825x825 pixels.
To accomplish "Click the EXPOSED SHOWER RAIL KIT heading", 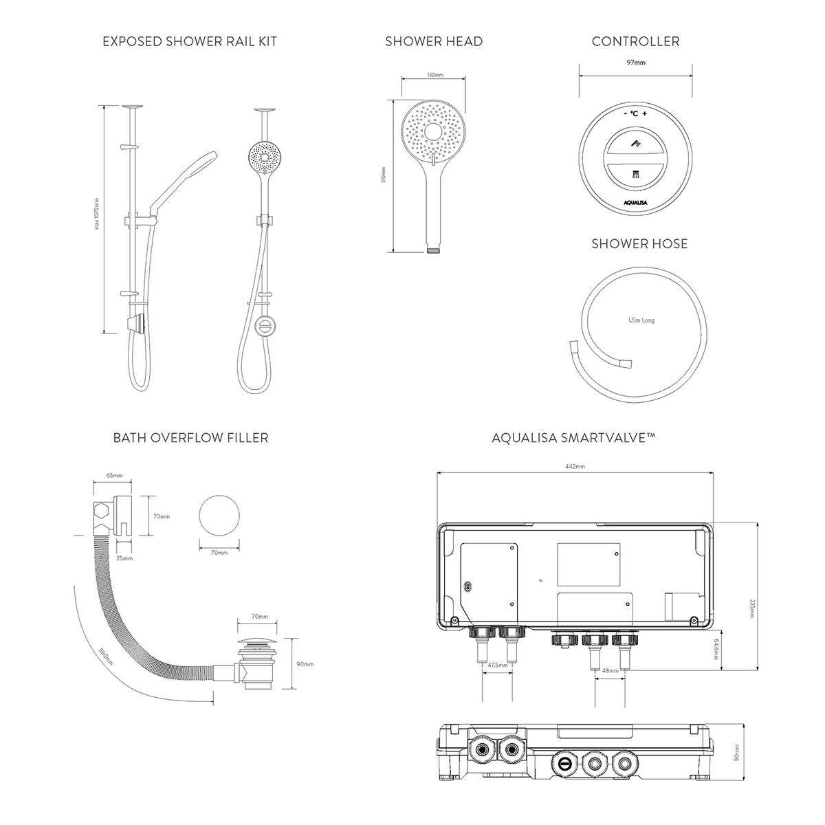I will click(190, 41).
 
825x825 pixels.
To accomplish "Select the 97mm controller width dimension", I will click(637, 63).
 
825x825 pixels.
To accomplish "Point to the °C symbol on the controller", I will click(635, 113).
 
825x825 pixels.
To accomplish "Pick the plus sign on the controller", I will click(646, 113).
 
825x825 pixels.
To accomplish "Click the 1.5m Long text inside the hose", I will click(641, 320).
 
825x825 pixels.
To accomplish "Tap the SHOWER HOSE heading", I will click(639, 244).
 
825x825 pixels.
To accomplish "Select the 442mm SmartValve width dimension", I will click(575, 467).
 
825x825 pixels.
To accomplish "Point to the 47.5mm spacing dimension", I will click(497, 665).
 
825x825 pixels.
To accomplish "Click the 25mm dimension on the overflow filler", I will click(124, 558).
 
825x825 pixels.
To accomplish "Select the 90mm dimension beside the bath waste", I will click(304, 664).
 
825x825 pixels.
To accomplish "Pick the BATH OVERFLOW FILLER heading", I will click(190, 437).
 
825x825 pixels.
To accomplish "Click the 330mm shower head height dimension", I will click(384, 177).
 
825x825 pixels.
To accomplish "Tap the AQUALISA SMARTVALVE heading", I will click(573, 437).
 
